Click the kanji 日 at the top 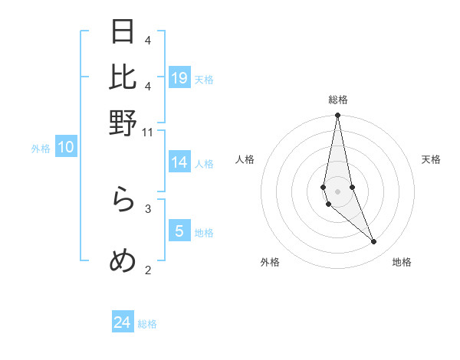pyautogui.click(x=123, y=33)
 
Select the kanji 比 pyautogui.click(x=123, y=77)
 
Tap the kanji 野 pyautogui.click(x=123, y=123)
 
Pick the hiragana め pyautogui.click(x=123, y=262)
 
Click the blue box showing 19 pyautogui.click(x=179, y=77)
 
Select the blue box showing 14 pyautogui.click(x=179, y=162)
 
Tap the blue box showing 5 pyautogui.click(x=179, y=231)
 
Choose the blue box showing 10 pyautogui.click(x=66, y=148)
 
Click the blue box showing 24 pyautogui.click(x=123, y=322)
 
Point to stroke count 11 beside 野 pyautogui.click(x=148, y=133)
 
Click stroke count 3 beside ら pyautogui.click(x=148, y=208)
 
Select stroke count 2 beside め pyautogui.click(x=148, y=269)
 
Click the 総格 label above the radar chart pyautogui.click(x=338, y=100)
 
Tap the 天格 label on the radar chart pyautogui.click(x=431, y=159)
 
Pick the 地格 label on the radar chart pyautogui.click(x=402, y=262)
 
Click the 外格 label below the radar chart pyautogui.click(x=270, y=262)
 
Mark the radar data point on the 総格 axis pyautogui.click(x=337, y=116)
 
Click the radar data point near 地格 pyautogui.click(x=374, y=242)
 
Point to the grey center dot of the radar pyautogui.click(x=337, y=191)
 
